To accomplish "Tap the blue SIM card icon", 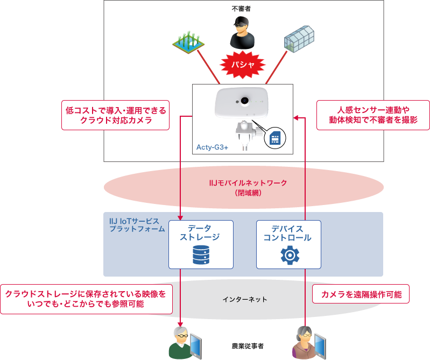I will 275,139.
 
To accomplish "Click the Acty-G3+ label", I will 213,146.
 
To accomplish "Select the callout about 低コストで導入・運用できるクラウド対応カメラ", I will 116,115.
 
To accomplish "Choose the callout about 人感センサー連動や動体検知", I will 373,115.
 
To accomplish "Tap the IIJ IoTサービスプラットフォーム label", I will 134,225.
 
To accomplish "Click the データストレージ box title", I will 200,232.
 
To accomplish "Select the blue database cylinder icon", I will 201,255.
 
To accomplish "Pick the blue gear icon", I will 290,255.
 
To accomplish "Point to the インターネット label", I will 245,299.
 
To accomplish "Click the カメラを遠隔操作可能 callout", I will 361,294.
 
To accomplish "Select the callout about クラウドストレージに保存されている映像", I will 86,299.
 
